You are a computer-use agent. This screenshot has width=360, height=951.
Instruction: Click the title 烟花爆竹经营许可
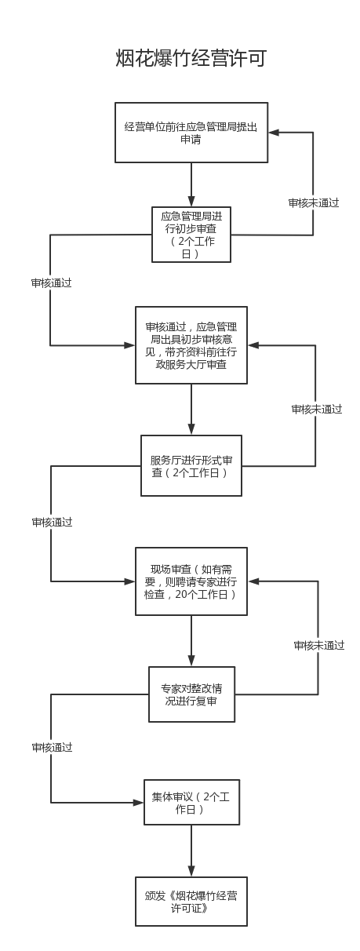(x=191, y=58)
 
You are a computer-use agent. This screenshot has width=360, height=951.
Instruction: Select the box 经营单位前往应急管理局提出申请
(x=191, y=133)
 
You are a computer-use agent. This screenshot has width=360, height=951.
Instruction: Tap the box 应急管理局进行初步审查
(x=191, y=235)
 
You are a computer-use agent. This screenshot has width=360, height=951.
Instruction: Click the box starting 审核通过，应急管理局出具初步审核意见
(x=191, y=345)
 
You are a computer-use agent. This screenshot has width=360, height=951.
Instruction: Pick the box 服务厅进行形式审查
(x=191, y=466)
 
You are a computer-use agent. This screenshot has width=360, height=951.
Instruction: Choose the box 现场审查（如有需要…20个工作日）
(x=191, y=581)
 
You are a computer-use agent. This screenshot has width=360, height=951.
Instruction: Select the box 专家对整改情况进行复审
(x=192, y=694)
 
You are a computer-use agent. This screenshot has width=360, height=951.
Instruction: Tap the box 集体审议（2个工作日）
(x=192, y=802)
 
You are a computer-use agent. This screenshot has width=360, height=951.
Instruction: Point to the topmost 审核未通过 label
(x=314, y=203)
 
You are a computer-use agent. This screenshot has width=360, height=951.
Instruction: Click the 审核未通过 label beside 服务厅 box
(x=317, y=410)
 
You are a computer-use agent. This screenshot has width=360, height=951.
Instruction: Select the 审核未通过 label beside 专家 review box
(x=318, y=646)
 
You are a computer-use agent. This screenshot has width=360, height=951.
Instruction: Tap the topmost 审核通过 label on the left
(x=51, y=282)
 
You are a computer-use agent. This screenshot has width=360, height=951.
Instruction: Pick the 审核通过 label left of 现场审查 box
(x=53, y=523)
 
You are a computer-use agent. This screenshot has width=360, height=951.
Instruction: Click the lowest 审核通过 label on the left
(x=53, y=747)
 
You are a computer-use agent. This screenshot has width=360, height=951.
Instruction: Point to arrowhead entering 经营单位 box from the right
(x=274, y=133)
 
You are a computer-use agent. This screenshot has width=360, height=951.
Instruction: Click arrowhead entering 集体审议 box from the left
(x=139, y=803)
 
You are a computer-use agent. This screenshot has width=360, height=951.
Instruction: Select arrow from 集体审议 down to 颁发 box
(x=191, y=851)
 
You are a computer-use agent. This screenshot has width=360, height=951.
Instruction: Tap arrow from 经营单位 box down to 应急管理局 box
(x=191, y=184)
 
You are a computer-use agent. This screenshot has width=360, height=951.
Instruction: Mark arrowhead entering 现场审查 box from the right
(x=253, y=581)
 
